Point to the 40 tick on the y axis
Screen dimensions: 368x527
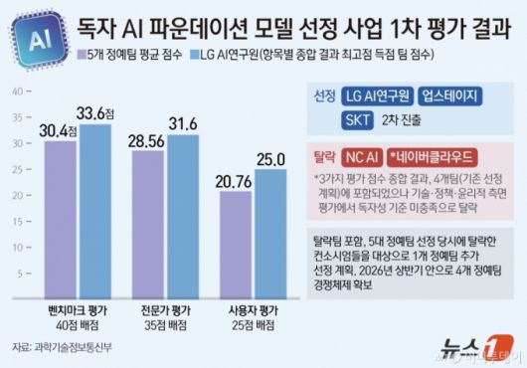pos(16,92)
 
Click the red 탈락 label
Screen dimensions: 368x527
pos(321,157)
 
